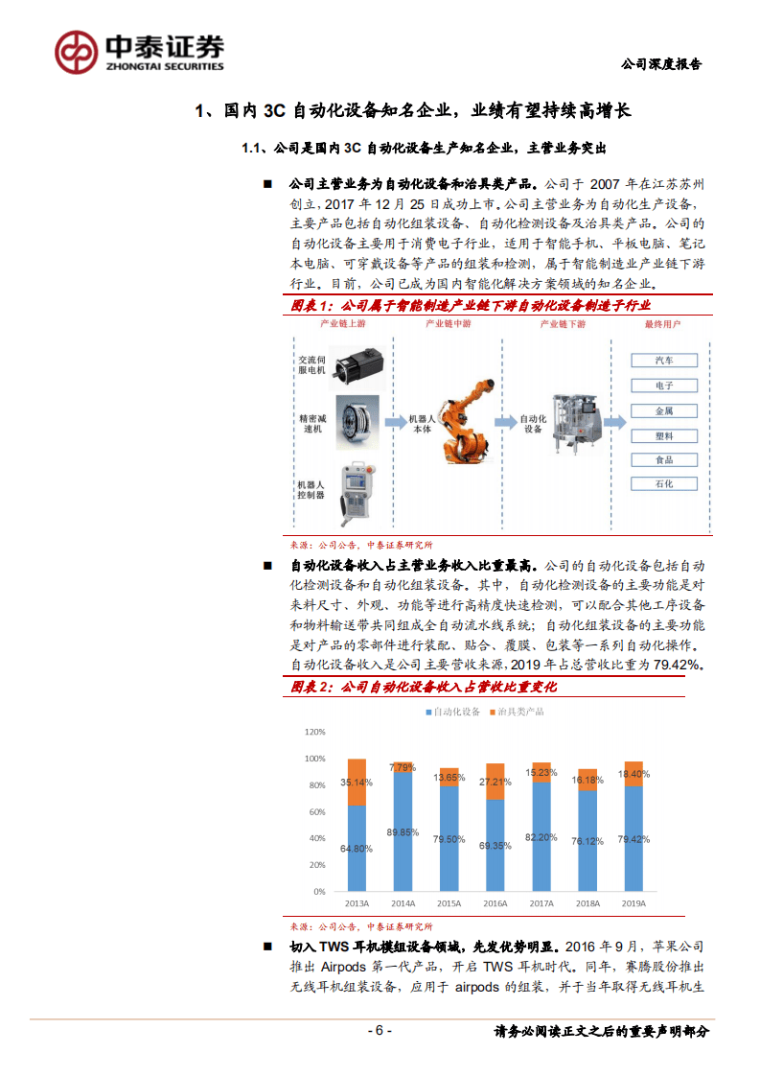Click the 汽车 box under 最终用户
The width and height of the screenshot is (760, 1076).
(x=663, y=361)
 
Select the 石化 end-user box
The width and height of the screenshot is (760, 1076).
(x=663, y=484)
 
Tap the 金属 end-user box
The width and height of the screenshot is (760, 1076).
(x=663, y=410)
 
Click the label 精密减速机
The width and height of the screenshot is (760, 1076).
(x=311, y=425)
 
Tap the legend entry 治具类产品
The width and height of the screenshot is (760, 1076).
(x=521, y=712)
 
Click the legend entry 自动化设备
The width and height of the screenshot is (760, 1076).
(x=457, y=712)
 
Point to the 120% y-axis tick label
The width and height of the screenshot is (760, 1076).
(x=313, y=732)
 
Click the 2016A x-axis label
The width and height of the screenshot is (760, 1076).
(x=495, y=903)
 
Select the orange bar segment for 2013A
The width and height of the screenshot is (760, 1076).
(x=357, y=782)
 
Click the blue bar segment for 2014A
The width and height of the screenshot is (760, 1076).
(x=403, y=832)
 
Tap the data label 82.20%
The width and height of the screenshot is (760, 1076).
(x=541, y=836)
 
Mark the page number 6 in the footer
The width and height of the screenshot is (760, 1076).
(x=380, y=1031)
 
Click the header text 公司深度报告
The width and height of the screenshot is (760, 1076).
(x=661, y=64)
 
